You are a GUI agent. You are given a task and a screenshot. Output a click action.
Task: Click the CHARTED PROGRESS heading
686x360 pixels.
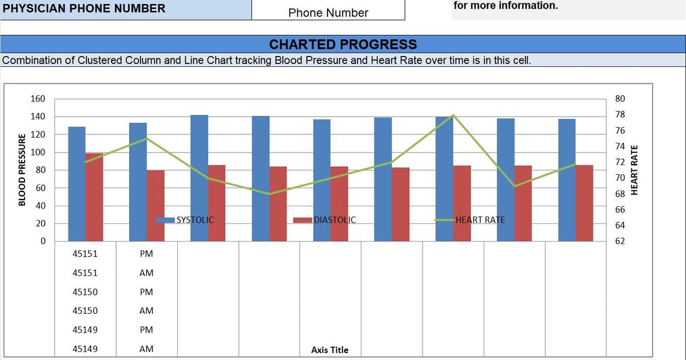tap(343, 45)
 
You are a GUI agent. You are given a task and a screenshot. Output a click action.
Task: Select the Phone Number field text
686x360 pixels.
tap(328, 13)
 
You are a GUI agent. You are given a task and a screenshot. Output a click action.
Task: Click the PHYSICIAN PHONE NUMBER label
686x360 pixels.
tap(84, 8)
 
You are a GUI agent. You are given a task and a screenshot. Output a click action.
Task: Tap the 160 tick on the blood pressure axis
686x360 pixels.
tap(38, 99)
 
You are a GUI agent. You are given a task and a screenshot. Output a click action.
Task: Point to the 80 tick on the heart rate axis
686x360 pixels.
tap(620, 99)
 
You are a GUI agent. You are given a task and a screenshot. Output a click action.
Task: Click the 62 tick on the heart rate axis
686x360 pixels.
tap(620, 241)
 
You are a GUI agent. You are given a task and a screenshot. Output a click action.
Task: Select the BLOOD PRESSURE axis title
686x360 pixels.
tap(22, 170)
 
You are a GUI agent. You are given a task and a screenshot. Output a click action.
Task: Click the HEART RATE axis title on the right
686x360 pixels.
tap(633, 170)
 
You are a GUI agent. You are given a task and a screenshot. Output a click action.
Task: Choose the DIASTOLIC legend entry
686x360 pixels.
tap(334, 219)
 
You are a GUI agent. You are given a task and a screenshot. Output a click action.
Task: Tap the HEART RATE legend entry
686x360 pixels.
tap(480, 219)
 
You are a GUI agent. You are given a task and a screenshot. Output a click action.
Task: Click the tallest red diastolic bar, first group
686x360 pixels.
tap(94, 197)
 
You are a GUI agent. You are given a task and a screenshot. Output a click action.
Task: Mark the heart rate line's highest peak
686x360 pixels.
tap(453, 115)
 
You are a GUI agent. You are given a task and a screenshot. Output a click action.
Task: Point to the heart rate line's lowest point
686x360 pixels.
tap(269, 194)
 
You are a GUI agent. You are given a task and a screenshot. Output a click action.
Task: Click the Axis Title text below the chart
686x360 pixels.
tap(329, 350)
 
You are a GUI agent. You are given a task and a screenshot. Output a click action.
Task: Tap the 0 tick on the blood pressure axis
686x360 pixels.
tap(42, 241)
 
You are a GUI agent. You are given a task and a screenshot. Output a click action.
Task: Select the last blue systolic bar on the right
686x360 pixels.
tap(567, 179)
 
